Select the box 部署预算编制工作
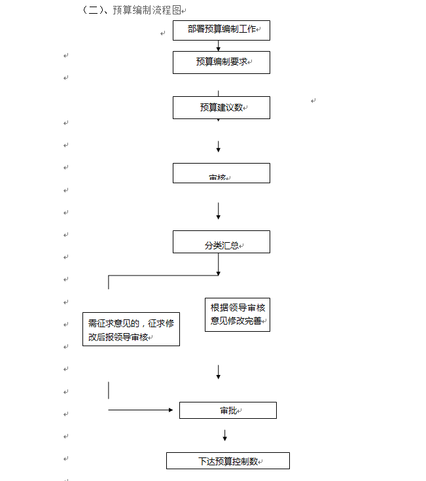[221, 30]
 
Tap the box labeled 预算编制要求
[221, 62]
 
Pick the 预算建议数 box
[221, 107]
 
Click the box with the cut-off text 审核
[221, 173]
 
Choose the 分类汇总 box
[221, 241]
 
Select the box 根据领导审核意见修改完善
[237, 314]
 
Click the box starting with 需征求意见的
[131, 330]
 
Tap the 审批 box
[228, 410]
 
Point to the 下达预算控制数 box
[228, 461]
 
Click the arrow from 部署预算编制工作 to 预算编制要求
[219, 46]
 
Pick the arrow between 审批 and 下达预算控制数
[224, 435]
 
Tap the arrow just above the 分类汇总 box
[219, 211]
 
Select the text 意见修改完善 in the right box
[236, 321]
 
